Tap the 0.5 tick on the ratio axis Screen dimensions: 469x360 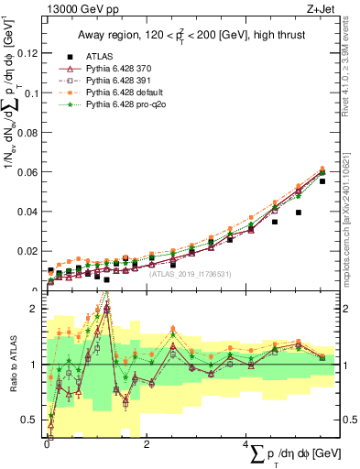[x=34, y=420]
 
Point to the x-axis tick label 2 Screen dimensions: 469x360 [x=147, y=444]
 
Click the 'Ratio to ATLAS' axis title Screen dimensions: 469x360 [x=12, y=365]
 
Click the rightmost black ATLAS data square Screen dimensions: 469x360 [x=322, y=181]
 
